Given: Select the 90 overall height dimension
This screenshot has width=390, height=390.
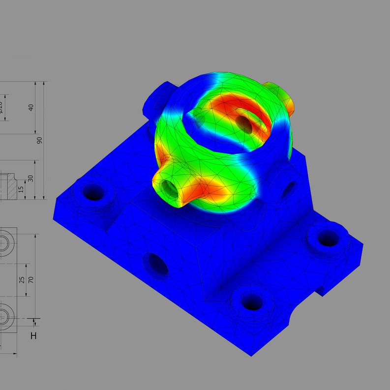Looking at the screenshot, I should click(x=40, y=140).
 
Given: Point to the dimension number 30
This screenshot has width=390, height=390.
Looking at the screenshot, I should click(x=31, y=179).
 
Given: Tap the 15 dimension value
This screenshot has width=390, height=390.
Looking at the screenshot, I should click(x=21, y=189).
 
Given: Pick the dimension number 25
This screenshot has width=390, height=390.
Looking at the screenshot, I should click(x=22, y=280).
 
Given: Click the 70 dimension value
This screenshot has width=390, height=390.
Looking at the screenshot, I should click(x=30, y=280).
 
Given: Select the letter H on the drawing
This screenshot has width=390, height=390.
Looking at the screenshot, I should click(x=33, y=336).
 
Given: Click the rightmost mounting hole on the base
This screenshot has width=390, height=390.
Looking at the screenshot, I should click(x=326, y=238).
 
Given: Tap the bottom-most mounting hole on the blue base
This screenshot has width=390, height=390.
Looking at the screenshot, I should click(x=252, y=300).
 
